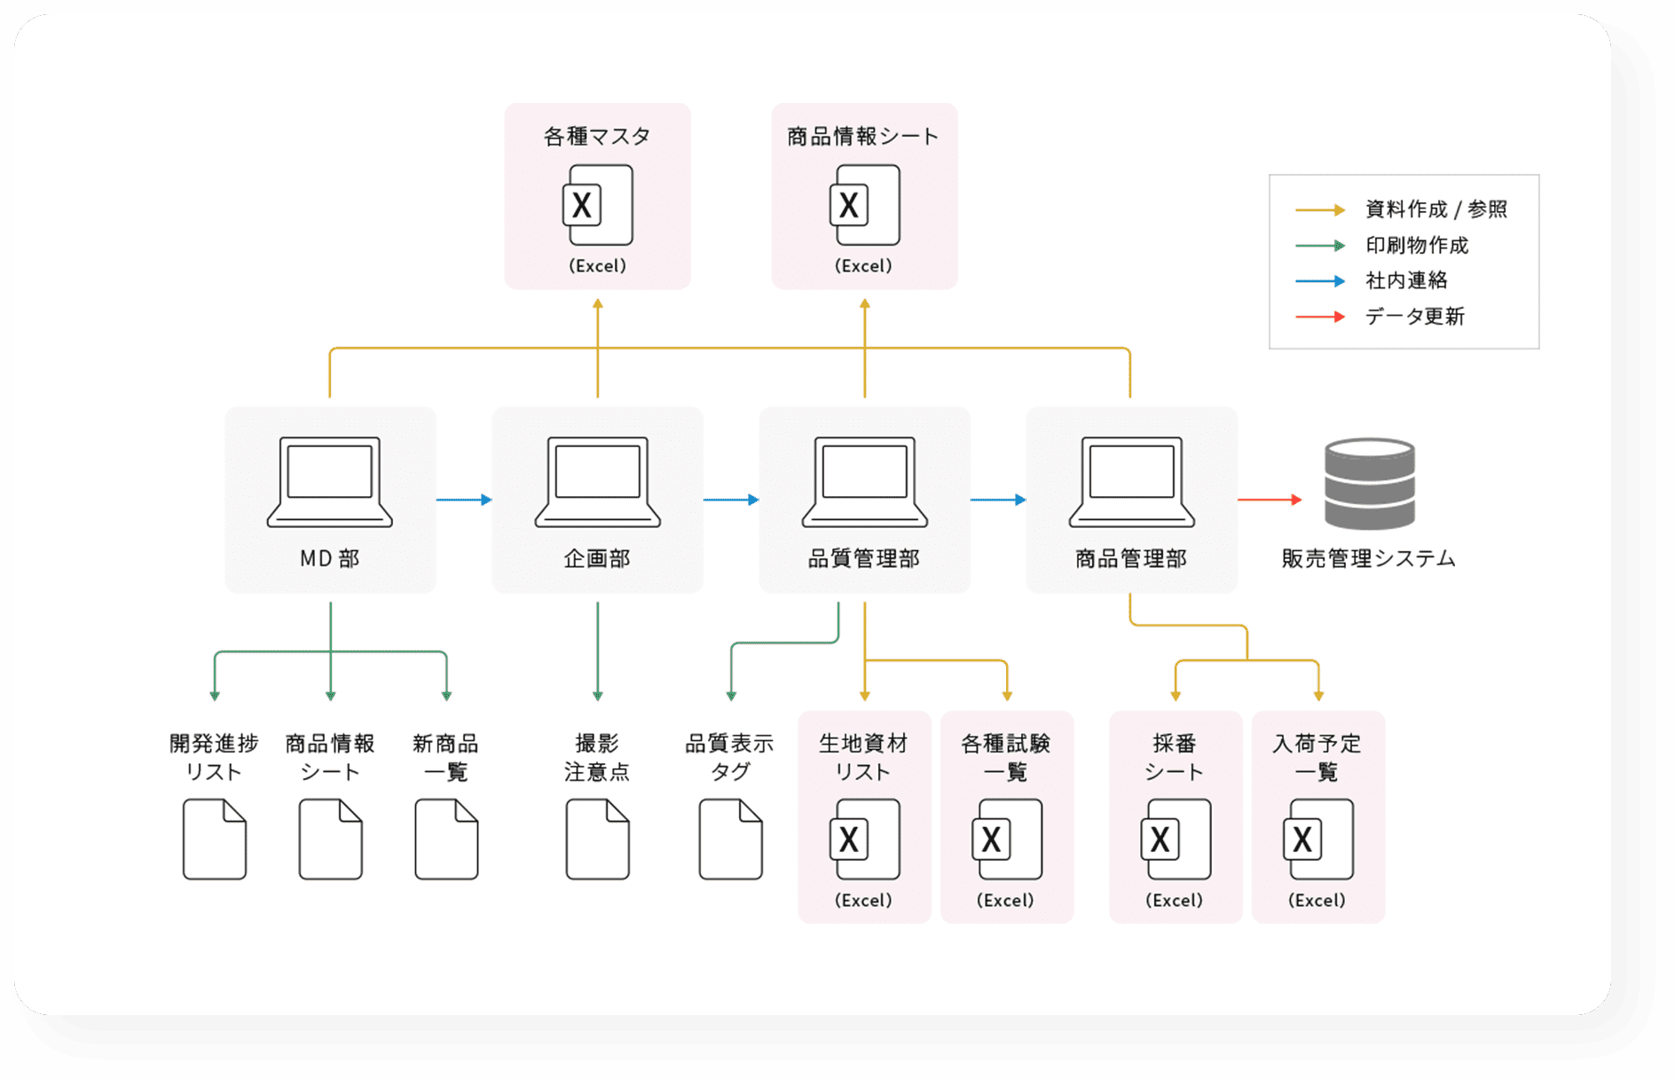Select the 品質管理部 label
click(x=864, y=558)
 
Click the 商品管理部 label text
click(x=1131, y=558)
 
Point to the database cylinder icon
click(x=1369, y=483)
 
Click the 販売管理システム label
click(x=1368, y=558)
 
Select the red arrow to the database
click(x=1270, y=500)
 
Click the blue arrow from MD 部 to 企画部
click(x=464, y=500)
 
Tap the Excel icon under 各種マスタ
click(x=598, y=205)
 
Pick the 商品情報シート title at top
click(x=863, y=136)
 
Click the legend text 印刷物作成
click(x=1417, y=245)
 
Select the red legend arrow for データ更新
click(x=1320, y=317)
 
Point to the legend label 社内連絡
click(x=1406, y=280)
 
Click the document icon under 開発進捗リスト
click(x=215, y=839)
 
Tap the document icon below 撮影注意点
click(x=597, y=839)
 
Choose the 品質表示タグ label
click(x=730, y=757)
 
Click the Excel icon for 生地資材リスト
click(x=864, y=839)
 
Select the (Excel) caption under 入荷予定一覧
click(x=1317, y=900)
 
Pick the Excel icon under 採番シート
click(x=1175, y=839)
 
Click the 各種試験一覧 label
click(x=1006, y=757)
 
